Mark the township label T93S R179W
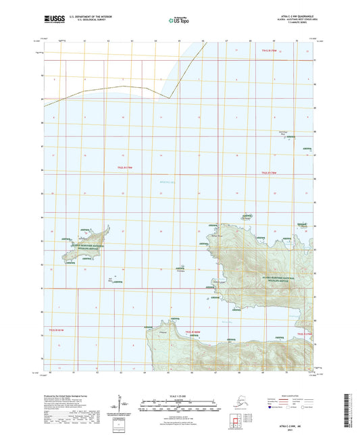pos(305,333)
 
